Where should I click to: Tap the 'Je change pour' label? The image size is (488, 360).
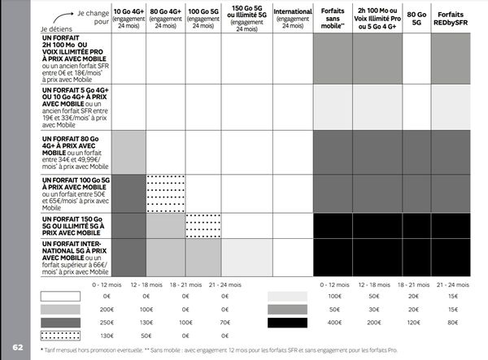tap(83, 15)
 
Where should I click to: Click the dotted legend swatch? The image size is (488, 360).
tap(60, 335)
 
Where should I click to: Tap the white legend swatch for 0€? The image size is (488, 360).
tap(60, 297)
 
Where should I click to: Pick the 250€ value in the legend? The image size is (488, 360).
tap(107, 323)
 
